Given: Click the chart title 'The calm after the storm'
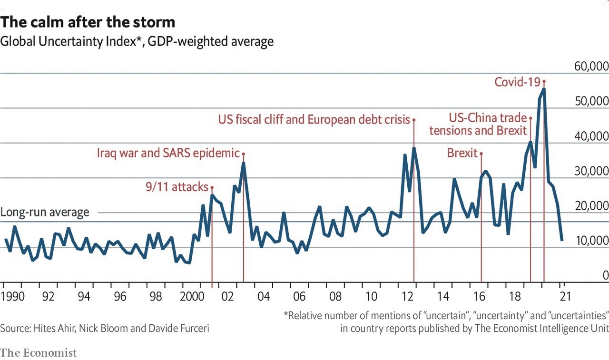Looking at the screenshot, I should point(88,22).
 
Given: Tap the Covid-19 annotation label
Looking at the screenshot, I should point(517,82).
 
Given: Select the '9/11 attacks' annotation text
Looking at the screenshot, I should point(177,187).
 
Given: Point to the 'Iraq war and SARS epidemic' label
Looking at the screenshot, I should point(168,153).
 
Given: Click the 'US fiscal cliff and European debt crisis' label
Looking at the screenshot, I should point(314,119).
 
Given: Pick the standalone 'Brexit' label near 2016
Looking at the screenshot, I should point(462,153).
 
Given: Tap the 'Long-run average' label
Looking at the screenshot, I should point(45,212).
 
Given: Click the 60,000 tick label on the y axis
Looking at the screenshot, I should point(591,66).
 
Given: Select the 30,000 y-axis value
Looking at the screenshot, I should point(591,171).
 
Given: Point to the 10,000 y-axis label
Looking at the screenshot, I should point(591,241).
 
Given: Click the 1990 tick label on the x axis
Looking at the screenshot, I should point(13,297).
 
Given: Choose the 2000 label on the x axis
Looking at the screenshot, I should point(193,297).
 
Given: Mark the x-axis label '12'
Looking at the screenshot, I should point(407,297).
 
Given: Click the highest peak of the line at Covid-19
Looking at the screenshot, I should point(544,89).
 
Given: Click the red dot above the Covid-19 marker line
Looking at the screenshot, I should point(544,81).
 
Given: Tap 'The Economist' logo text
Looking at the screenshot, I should point(38,353).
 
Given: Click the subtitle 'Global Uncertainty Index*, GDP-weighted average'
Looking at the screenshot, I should point(137,42).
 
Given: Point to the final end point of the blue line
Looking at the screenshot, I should point(562,240).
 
